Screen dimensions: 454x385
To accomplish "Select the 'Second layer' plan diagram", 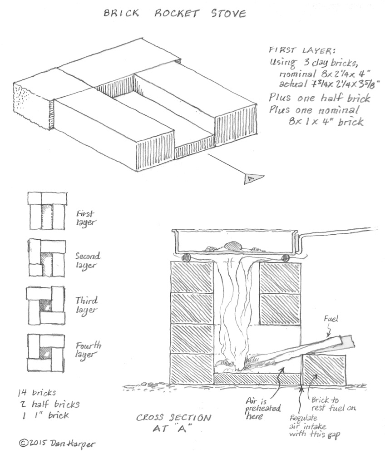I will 47,258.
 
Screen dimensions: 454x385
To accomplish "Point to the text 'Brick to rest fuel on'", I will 333,404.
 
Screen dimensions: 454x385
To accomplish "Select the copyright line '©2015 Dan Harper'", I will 50,442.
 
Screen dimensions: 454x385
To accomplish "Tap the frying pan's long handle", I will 341,233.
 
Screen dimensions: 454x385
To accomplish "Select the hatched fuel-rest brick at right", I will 324,370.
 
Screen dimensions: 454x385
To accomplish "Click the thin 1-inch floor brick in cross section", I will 257,379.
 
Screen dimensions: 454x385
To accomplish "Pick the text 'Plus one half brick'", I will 319,98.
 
